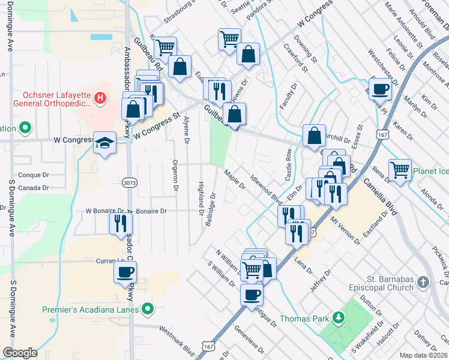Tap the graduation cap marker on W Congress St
point(104,143)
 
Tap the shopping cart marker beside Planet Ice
point(400,169)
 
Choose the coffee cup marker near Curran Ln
point(125,271)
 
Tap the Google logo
point(20,353)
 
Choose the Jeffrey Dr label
point(321,281)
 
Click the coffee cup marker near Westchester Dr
point(381,90)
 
